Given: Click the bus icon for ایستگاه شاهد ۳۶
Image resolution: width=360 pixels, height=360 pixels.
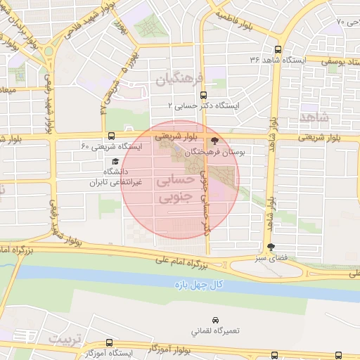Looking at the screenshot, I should coord(278,49).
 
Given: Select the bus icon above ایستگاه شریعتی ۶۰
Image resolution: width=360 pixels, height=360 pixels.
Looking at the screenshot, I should coord(111,136).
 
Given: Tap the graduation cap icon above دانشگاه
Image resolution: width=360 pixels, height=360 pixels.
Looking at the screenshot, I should coord(115,161).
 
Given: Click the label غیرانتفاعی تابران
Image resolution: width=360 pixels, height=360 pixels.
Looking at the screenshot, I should coord(116,182).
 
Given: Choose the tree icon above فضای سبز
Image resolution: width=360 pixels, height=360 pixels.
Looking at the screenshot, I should coord(271,246).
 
